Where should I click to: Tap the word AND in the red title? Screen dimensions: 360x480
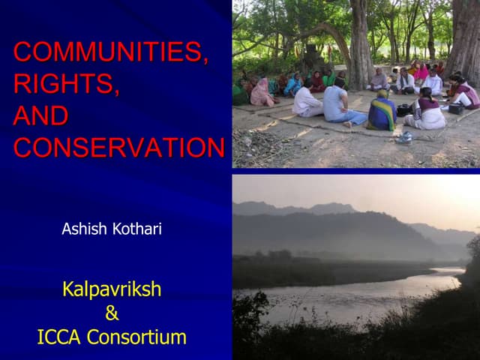40,116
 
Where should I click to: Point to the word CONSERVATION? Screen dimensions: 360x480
118,148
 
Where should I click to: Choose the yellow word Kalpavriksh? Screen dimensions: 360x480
112,289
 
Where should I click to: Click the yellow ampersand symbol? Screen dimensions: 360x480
112,313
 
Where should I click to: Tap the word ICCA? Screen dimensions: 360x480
59,337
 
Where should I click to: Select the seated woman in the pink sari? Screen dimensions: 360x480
262,94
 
